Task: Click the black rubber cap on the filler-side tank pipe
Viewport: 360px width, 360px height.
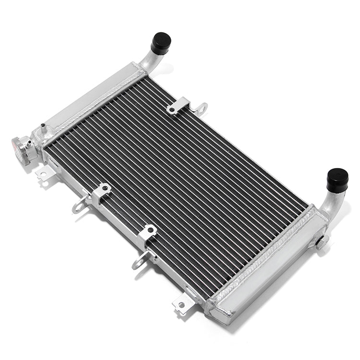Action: click(x=160, y=43)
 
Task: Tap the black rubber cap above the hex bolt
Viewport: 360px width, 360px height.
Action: click(x=337, y=179)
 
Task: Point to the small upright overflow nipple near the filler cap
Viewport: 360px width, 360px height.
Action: click(x=44, y=128)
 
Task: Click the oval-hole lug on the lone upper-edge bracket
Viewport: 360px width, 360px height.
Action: click(x=202, y=108)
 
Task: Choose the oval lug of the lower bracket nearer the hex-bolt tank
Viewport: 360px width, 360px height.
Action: click(x=140, y=262)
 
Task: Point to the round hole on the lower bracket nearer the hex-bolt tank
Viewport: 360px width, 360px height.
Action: click(x=150, y=231)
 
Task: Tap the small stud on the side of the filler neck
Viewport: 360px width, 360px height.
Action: click(x=30, y=143)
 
